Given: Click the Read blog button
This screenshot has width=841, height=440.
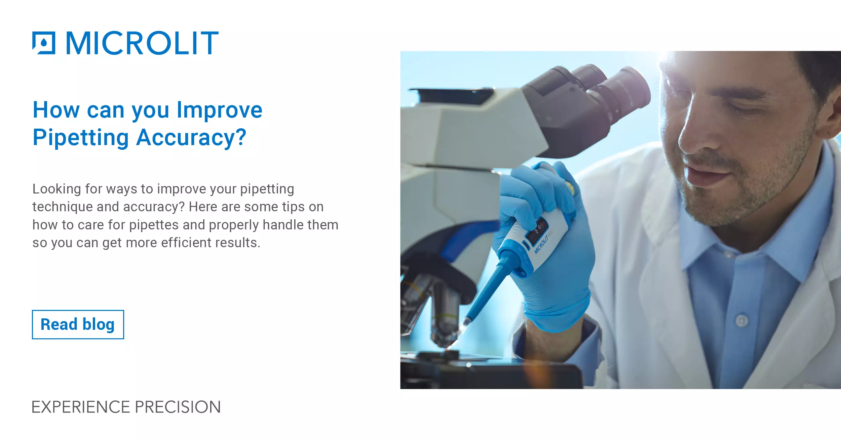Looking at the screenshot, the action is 78,324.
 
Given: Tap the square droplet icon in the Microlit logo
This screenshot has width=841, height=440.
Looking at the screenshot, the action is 44,43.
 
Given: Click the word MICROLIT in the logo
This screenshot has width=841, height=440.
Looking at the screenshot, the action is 142,43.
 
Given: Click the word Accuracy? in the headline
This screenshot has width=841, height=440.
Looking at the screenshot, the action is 191,138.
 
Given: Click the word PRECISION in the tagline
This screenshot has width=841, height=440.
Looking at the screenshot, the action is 178,407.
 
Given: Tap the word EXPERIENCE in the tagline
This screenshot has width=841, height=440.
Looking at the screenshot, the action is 81,407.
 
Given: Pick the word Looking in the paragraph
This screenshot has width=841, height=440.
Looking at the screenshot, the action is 56,189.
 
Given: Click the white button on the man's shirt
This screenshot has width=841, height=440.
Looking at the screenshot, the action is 741,320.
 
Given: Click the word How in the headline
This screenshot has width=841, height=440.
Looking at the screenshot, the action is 56,110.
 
